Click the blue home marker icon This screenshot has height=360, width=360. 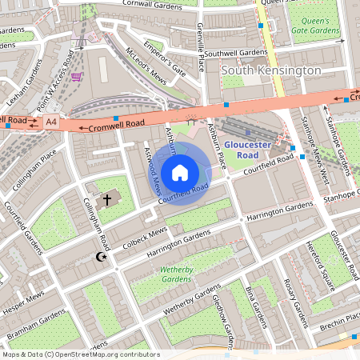(180, 172)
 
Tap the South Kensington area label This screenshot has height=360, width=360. (271, 70)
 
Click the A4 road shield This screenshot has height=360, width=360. (51, 122)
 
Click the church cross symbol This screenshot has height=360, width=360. (106, 198)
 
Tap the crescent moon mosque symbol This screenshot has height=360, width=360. (101, 257)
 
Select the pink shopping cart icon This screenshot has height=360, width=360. (76, 77)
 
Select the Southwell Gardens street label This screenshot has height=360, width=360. (235, 53)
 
